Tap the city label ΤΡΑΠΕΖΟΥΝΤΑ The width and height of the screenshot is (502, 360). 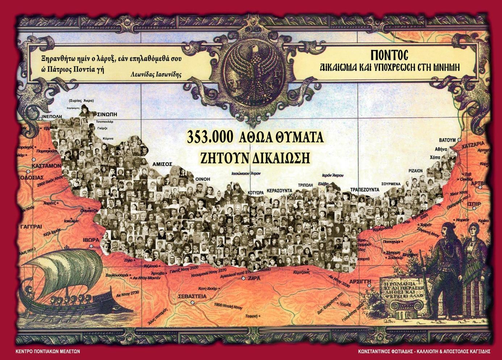coord(364,190)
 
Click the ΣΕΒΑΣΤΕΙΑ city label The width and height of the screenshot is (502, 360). coord(192,296)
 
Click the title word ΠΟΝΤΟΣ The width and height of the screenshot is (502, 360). coord(389,55)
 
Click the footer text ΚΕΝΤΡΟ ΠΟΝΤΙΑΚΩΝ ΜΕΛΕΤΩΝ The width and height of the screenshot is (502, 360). coord(48,351)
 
